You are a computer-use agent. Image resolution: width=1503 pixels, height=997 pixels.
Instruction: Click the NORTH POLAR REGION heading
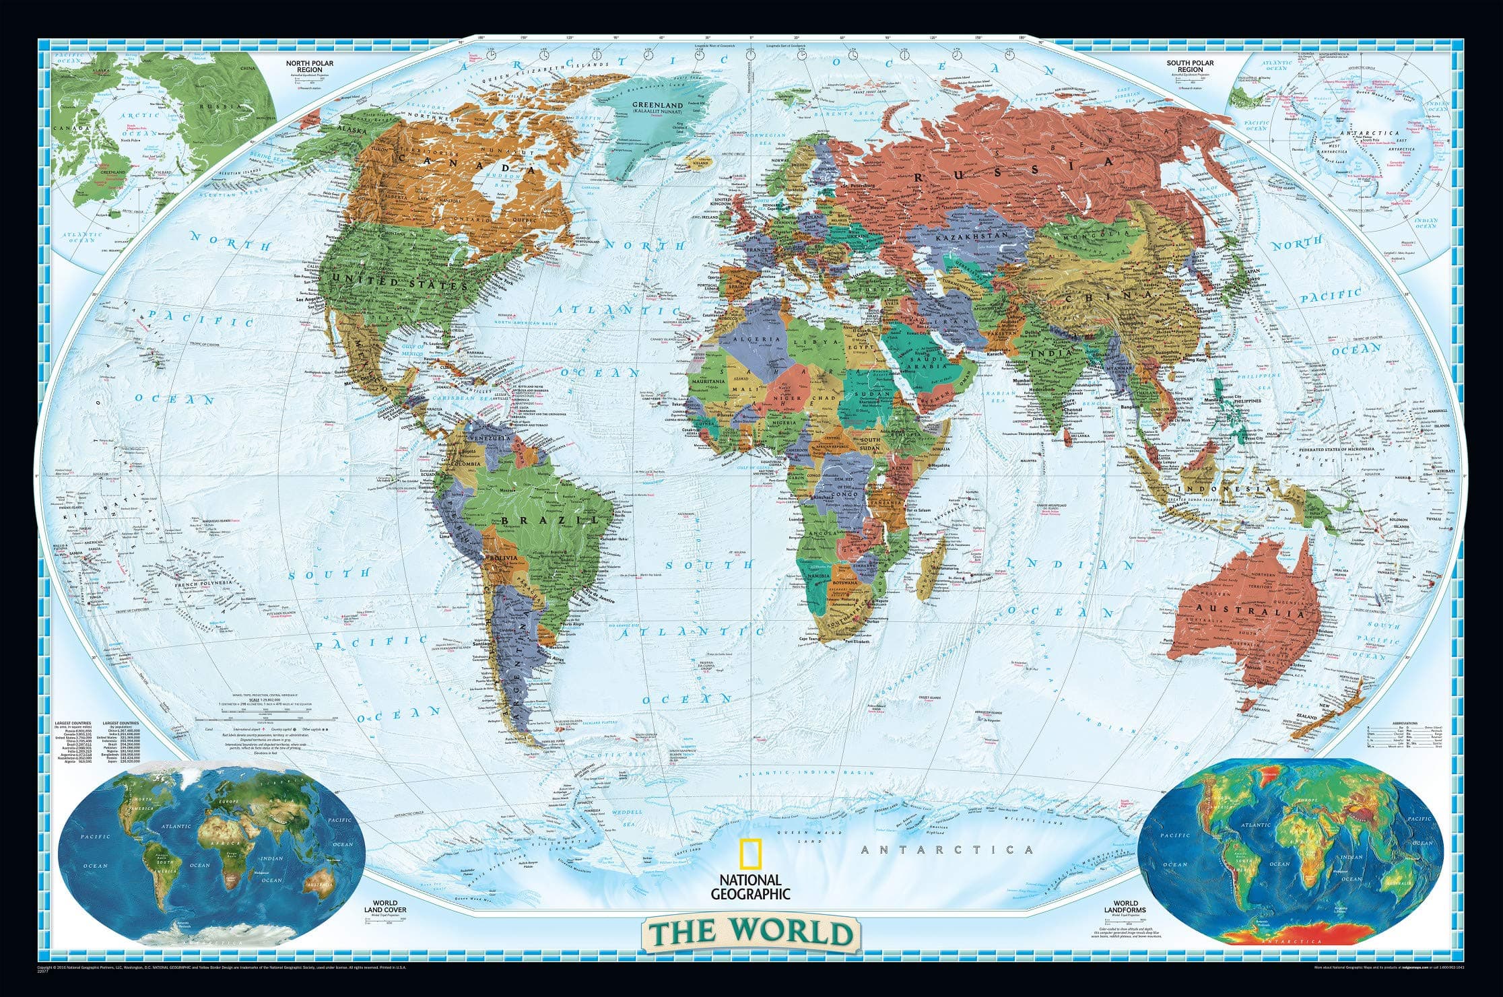coord(310,65)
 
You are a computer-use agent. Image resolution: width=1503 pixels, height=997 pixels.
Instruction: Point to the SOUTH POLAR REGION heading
coord(1191,65)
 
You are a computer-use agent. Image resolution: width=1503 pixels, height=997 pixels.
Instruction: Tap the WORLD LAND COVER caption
coord(385,907)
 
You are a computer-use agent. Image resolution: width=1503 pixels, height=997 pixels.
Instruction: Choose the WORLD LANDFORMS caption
coord(1125,907)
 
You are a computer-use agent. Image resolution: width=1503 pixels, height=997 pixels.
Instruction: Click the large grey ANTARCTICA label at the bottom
coord(947,850)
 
